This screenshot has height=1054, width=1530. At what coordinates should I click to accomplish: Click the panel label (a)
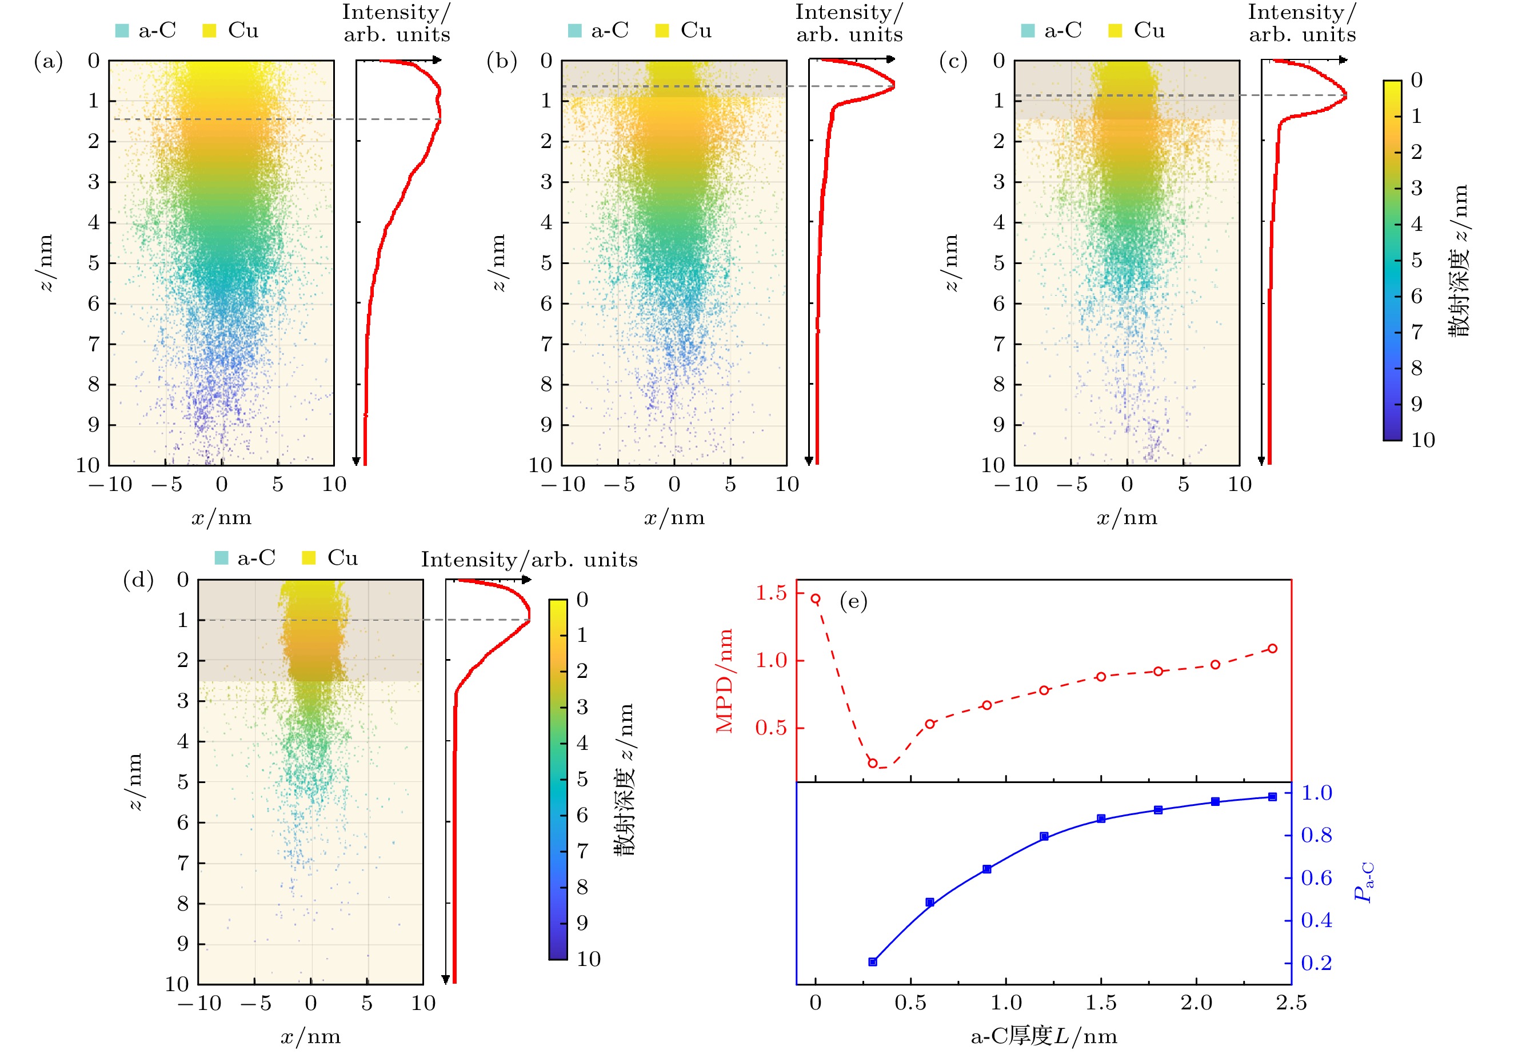tap(48, 61)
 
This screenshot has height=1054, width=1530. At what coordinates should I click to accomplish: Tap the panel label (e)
tap(853, 602)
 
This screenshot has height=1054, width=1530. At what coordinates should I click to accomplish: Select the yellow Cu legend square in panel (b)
tap(662, 30)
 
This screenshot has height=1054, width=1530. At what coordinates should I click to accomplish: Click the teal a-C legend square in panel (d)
tap(222, 558)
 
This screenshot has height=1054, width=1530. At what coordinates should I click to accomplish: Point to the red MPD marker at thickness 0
tap(816, 599)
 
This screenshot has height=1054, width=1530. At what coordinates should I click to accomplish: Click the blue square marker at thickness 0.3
tap(872, 962)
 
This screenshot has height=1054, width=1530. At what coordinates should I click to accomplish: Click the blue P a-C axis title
tap(1363, 883)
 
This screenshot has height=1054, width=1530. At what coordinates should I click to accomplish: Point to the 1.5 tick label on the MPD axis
tap(770, 593)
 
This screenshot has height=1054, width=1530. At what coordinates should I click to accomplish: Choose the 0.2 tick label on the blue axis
tap(1317, 963)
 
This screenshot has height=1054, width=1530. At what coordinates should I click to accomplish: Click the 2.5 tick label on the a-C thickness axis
tap(1291, 1003)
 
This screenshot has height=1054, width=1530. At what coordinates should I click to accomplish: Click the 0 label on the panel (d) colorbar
tap(582, 600)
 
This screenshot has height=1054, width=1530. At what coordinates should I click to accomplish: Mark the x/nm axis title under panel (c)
tap(1127, 518)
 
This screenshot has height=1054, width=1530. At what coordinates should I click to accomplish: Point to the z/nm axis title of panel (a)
tap(45, 262)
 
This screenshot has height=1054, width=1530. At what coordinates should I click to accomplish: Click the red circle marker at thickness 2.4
tap(1272, 649)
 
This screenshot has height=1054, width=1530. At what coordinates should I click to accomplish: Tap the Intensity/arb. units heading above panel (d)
tap(529, 560)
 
